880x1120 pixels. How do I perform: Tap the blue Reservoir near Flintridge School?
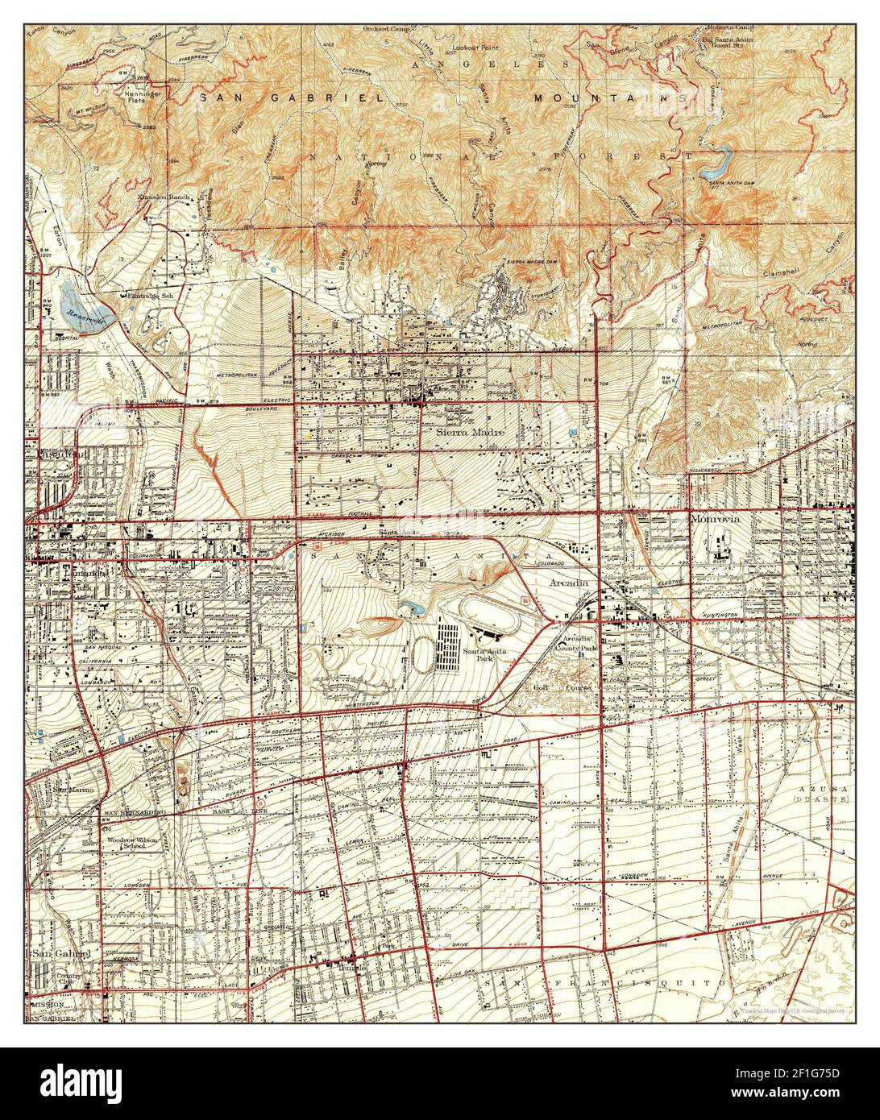point(84,303)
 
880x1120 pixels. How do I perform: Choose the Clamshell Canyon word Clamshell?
point(782,274)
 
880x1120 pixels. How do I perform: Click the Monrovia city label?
point(716,520)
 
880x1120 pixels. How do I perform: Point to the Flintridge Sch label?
point(152,296)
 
